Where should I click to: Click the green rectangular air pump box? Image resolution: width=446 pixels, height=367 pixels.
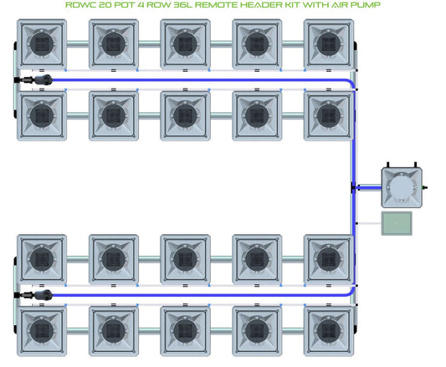pos(397,223)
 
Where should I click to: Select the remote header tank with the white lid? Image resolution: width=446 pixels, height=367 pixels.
pos(402,187)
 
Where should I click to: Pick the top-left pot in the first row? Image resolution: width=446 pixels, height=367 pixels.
pos(42,44)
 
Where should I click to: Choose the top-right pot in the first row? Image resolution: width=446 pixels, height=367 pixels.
pos(329,44)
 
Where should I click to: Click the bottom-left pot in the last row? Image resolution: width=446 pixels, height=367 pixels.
pos(42,331)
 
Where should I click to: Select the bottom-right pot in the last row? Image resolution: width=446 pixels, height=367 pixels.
pos(329,331)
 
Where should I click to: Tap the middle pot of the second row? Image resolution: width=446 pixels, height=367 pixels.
pos(185,115)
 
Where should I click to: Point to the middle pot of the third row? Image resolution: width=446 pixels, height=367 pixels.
pos(185,259)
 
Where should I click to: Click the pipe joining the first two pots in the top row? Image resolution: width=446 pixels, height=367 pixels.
pos(78,43)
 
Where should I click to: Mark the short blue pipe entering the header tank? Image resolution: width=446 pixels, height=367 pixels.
pos(368,187)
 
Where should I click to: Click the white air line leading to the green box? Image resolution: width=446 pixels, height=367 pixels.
pos(369,223)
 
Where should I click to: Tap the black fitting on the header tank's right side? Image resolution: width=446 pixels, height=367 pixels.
pos(425,187)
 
